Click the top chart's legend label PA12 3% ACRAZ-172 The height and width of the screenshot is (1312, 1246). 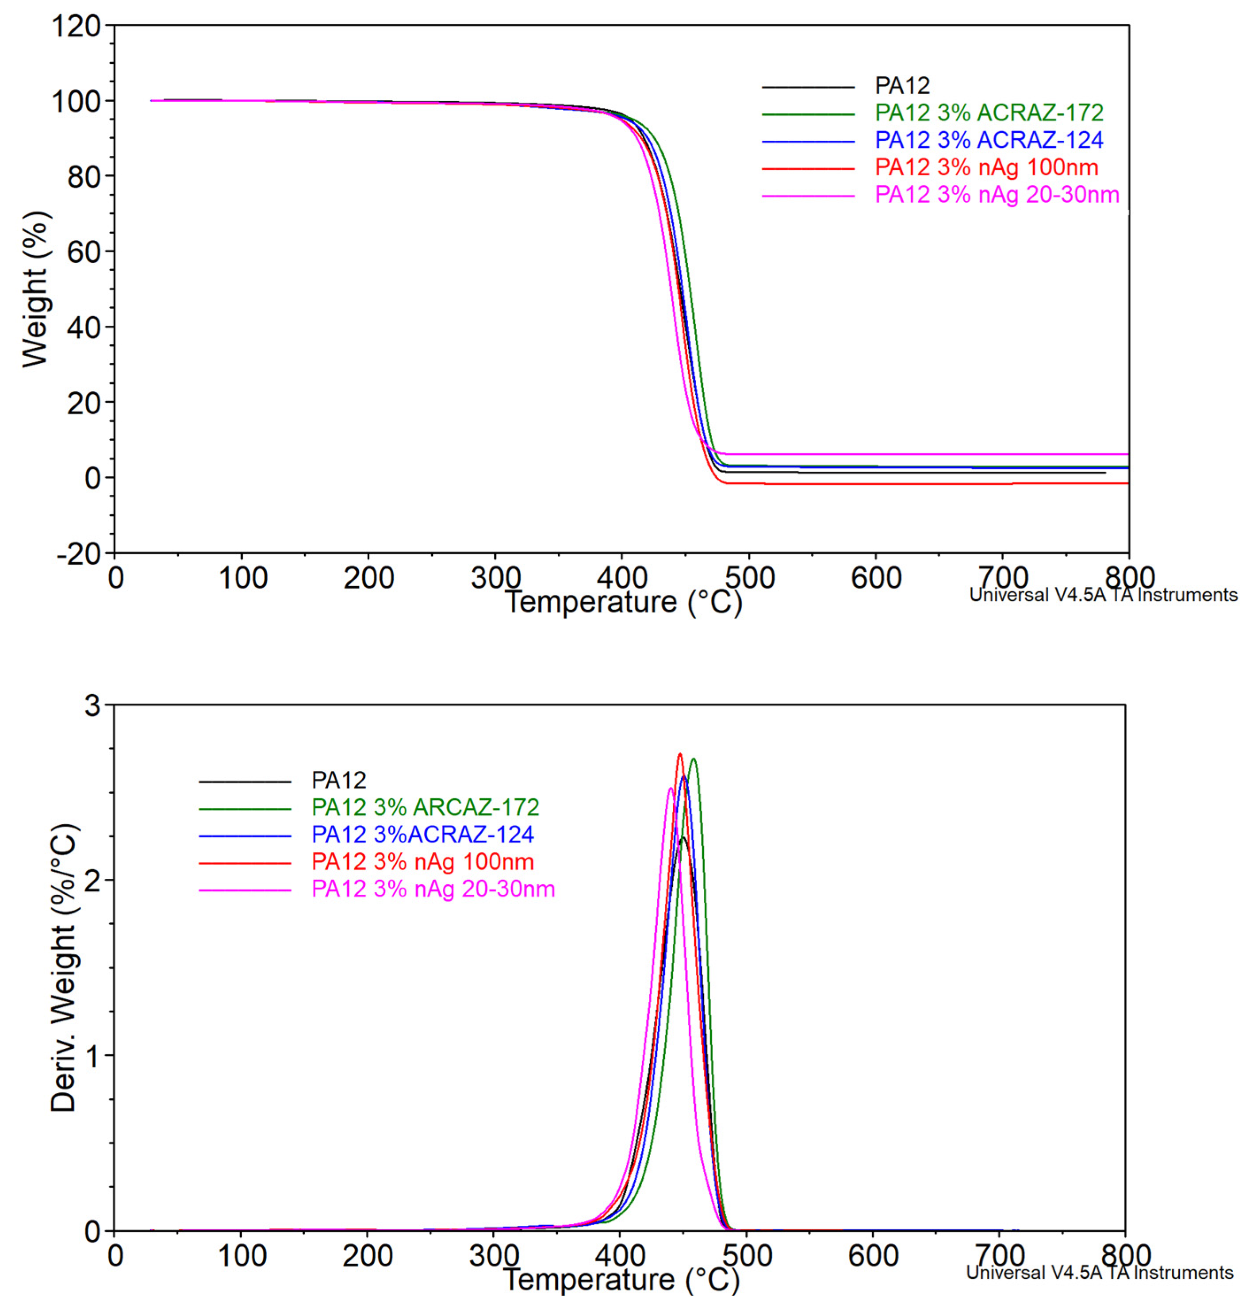(989, 113)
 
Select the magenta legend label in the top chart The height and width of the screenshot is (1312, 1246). (997, 195)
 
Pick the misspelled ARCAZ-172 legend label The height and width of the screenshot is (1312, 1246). (425, 807)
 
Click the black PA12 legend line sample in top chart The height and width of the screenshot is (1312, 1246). (808, 87)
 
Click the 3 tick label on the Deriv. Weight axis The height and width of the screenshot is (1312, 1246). (92, 705)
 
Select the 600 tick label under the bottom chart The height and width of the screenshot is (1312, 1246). (874, 1255)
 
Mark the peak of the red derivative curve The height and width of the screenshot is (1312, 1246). (679, 754)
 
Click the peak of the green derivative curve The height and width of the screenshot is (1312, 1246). (694, 759)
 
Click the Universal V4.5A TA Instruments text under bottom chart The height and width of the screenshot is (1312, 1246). (1099, 1273)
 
